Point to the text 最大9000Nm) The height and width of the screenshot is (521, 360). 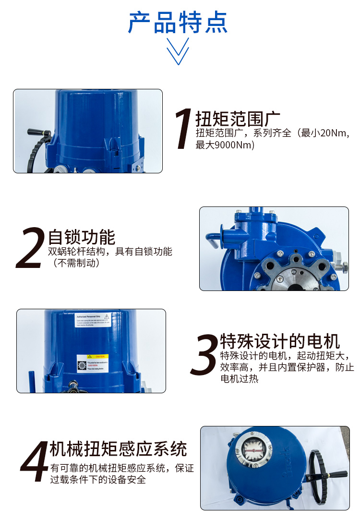tap(225, 145)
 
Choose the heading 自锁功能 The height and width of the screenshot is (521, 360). tap(82, 237)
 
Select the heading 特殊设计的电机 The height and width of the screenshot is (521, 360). tap(280, 341)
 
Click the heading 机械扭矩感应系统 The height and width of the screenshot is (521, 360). tap(118, 449)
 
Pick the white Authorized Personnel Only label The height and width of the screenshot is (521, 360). tap(93, 320)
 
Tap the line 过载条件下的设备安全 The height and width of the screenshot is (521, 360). tap(98, 479)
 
